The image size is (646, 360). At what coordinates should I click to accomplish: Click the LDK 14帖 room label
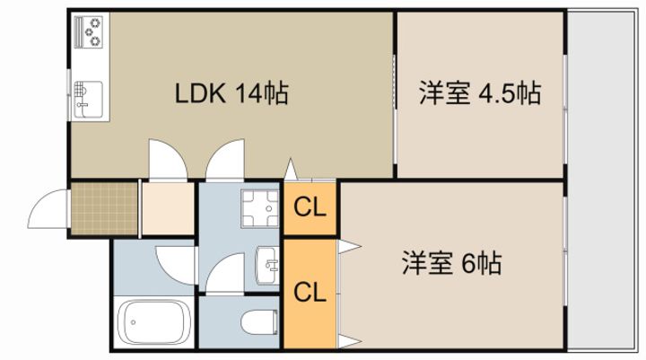tap(231, 93)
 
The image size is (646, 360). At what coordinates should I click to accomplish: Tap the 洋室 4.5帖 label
tap(480, 93)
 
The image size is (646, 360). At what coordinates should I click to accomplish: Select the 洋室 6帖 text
tap(451, 263)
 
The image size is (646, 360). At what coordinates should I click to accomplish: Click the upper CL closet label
tap(310, 207)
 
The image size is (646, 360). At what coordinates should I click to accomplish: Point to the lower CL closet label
tap(310, 292)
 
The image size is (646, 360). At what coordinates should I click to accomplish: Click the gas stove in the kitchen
tap(89, 31)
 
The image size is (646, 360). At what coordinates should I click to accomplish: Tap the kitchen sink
tap(88, 100)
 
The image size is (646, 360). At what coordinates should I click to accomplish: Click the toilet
tap(259, 322)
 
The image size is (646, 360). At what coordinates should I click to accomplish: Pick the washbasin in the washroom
tap(267, 265)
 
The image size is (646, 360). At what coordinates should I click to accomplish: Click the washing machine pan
tap(259, 208)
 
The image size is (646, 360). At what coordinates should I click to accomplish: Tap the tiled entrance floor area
tap(104, 208)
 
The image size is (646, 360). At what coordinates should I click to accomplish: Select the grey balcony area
tap(600, 180)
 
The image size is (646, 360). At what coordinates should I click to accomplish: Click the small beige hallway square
tap(168, 208)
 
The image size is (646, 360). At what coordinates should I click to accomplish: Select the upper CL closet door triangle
tap(292, 169)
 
